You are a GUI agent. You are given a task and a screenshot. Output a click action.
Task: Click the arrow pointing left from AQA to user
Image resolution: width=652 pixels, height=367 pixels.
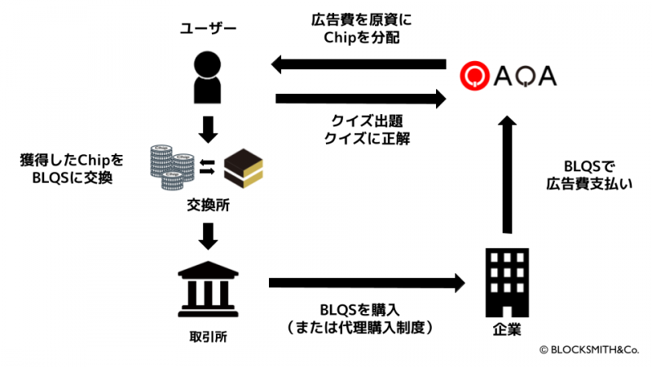point(359,64)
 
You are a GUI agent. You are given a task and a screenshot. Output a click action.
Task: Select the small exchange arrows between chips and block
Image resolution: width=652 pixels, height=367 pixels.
point(206,167)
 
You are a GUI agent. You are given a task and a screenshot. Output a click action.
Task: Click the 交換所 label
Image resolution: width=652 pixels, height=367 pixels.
point(208,206)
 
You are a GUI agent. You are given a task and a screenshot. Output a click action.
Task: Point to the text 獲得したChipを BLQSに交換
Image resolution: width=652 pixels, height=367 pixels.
point(68,166)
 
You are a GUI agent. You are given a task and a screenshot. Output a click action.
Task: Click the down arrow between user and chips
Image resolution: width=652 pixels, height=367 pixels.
point(208,126)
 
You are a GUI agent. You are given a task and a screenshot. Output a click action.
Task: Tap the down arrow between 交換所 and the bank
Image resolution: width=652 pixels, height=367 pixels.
point(208,236)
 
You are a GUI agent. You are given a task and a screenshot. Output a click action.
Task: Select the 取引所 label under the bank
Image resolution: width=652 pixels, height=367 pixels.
point(208,334)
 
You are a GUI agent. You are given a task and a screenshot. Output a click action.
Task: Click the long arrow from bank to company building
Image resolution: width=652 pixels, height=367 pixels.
point(366,283)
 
